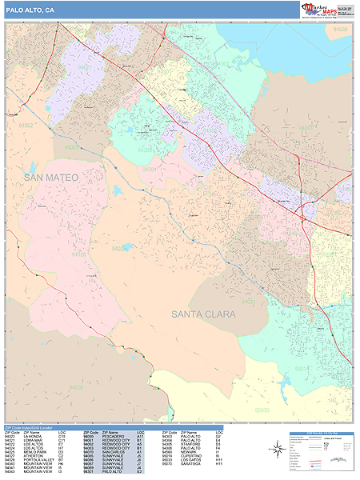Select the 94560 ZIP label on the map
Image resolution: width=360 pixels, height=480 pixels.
click(341, 30)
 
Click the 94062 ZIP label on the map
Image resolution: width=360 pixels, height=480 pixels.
click(26, 126)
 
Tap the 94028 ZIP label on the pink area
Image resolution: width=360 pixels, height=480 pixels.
click(78, 254)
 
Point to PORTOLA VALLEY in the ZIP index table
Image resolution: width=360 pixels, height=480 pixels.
click(38, 461)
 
